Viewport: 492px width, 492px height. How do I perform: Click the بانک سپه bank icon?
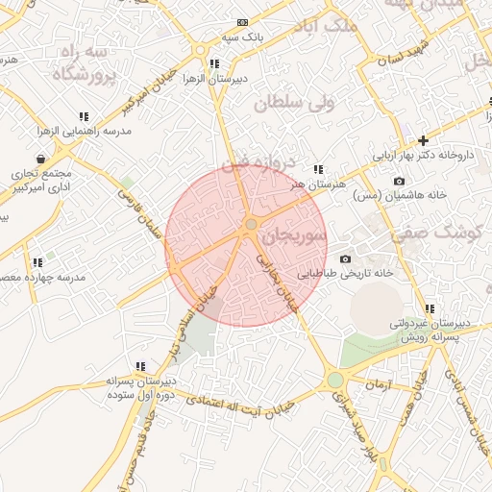241,22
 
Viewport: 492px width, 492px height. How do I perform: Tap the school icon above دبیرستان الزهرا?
213,64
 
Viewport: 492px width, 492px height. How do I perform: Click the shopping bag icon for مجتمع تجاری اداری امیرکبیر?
40,159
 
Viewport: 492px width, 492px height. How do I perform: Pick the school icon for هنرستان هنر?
318,169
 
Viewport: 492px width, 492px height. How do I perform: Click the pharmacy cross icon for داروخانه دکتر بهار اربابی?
422,140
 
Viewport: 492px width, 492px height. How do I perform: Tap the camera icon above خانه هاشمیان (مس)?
399,181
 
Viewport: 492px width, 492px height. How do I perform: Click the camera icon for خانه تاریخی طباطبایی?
345,258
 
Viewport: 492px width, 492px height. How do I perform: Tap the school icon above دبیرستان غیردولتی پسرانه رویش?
430,309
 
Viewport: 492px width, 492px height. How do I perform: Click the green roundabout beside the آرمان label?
334,381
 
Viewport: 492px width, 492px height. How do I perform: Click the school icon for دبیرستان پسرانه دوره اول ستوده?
140,366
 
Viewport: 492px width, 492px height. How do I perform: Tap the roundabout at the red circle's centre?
251,225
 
